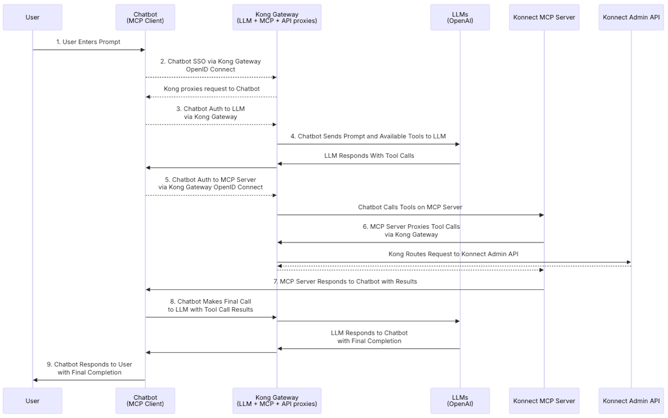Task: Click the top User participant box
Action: [x=32, y=17]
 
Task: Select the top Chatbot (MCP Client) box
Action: [x=145, y=17]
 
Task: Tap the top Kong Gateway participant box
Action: [x=277, y=17]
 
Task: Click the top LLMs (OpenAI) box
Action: [x=460, y=17]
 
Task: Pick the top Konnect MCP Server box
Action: [x=544, y=17]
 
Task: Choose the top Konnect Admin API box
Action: [x=631, y=17]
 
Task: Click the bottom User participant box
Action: [x=32, y=401]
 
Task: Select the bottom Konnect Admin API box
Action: [x=631, y=401]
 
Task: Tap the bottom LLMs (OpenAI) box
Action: [x=460, y=401]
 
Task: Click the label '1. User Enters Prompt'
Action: [x=88, y=42]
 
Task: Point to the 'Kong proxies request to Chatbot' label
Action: [x=212, y=89]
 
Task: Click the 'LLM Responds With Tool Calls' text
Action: [x=369, y=156]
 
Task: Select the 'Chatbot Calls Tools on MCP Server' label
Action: [x=410, y=207]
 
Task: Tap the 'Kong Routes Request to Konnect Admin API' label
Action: [x=454, y=254]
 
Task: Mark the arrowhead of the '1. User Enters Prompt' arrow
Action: [x=143, y=50]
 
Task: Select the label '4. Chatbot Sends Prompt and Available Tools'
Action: [x=368, y=137]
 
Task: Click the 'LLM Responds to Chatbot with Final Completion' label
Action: [x=369, y=337]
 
